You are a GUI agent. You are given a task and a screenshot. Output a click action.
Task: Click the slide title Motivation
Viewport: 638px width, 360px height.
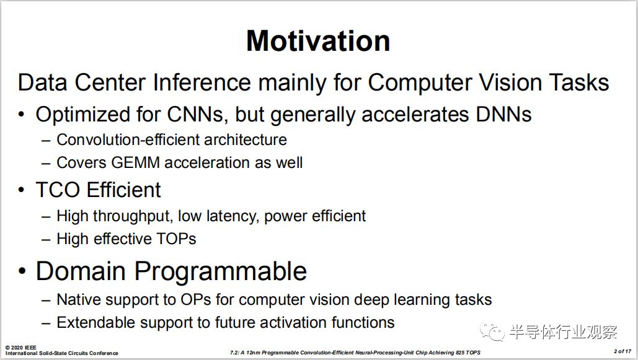click(x=318, y=41)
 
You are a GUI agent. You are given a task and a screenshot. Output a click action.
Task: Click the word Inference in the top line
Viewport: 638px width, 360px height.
click(x=202, y=82)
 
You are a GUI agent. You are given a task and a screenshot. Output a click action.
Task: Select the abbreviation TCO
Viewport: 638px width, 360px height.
click(x=58, y=190)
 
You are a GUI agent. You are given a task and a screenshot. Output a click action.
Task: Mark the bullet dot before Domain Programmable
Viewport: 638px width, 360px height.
click(x=22, y=272)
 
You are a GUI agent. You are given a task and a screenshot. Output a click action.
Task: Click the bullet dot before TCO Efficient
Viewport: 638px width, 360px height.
click(x=22, y=191)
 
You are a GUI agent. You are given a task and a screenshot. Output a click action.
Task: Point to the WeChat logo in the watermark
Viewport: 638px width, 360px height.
click(x=492, y=332)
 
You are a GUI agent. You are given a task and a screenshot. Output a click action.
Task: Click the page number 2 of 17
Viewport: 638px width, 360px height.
click(x=622, y=351)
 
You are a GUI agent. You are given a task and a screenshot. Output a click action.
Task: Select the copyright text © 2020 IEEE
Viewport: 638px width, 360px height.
click(x=20, y=348)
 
